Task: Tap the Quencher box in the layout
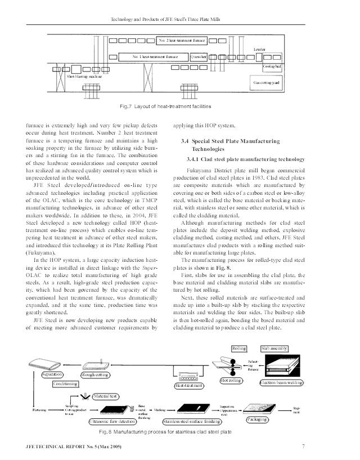click(x=200, y=57)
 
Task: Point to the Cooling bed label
click(x=272, y=66)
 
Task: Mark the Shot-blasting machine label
click(x=84, y=75)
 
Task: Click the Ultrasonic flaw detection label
click(x=120, y=421)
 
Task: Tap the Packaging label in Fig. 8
click(x=260, y=419)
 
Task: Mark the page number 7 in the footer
click(x=303, y=446)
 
